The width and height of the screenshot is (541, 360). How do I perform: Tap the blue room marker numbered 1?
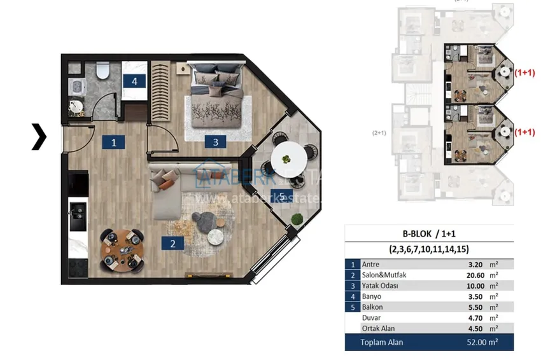[113, 142]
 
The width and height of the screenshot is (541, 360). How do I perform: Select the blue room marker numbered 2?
[171, 242]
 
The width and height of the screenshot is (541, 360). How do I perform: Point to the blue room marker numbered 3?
[216, 142]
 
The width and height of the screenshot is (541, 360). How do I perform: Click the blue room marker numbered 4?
[134, 81]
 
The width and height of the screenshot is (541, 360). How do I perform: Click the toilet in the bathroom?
[102, 72]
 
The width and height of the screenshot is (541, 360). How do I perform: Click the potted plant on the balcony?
[297, 219]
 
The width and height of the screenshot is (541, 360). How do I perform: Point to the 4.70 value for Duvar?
[471, 318]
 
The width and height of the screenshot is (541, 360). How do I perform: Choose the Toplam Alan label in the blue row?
[382, 343]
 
